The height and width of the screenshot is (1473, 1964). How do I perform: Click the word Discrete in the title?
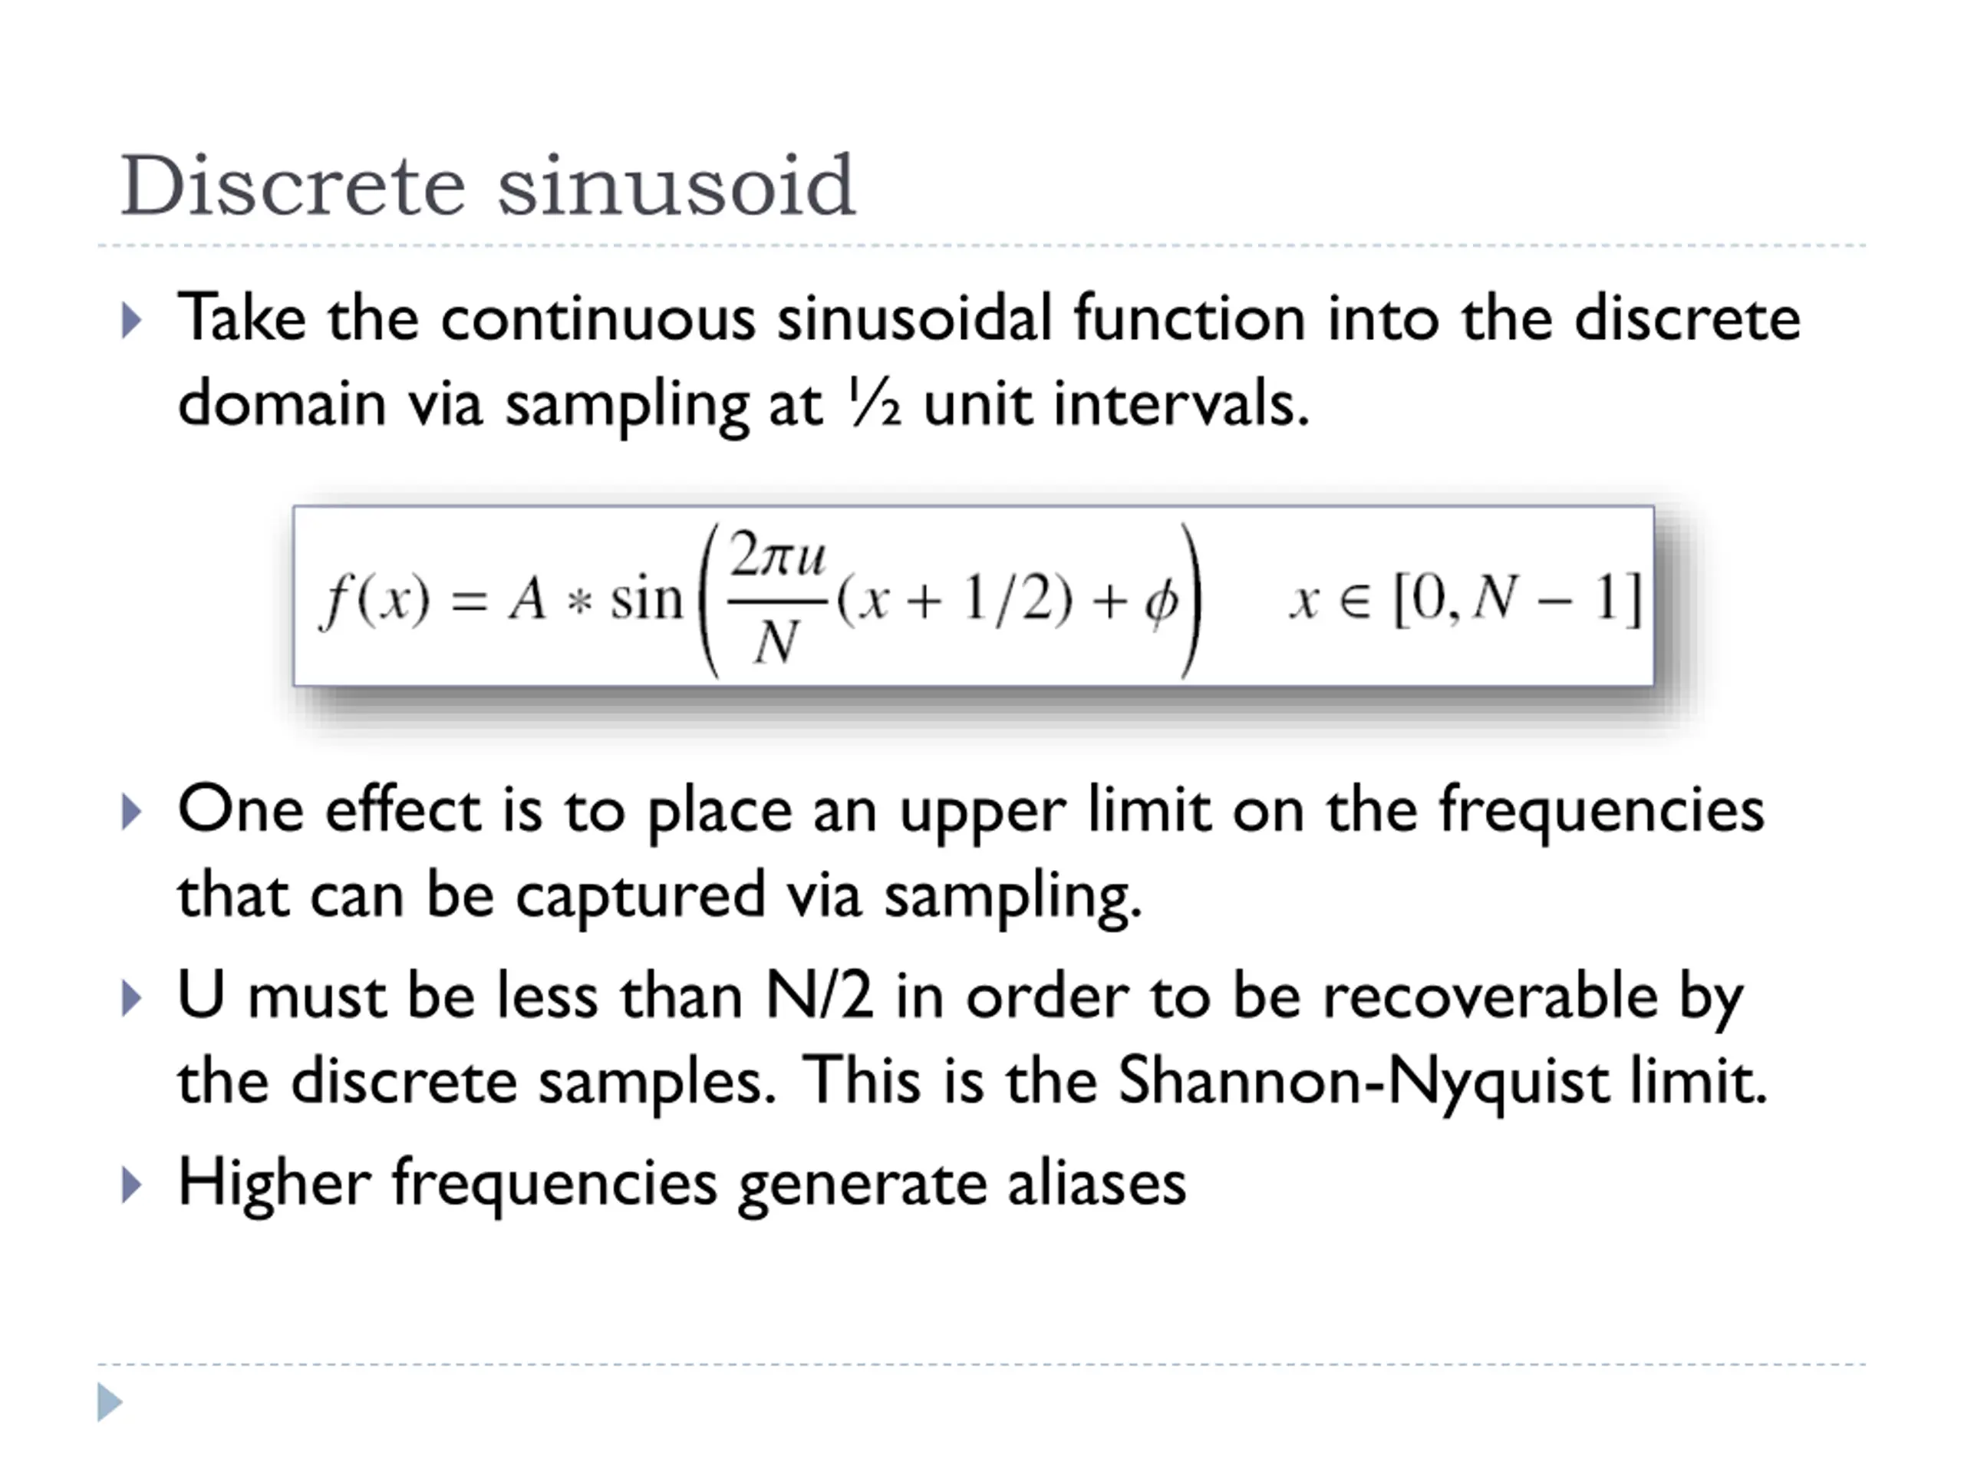coord(292,186)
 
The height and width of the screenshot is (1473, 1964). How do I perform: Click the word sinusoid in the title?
coord(676,186)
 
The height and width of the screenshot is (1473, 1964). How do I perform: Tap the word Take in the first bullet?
coord(242,318)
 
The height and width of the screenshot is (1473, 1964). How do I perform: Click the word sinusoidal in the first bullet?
coord(914,318)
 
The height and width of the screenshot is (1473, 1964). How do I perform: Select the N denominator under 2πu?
coord(775,641)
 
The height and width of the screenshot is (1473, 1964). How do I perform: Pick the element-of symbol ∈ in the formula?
coord(1355,601)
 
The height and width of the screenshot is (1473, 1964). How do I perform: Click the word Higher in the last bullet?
coord(273,1183)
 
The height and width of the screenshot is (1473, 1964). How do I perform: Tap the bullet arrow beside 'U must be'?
coord(130,998)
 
